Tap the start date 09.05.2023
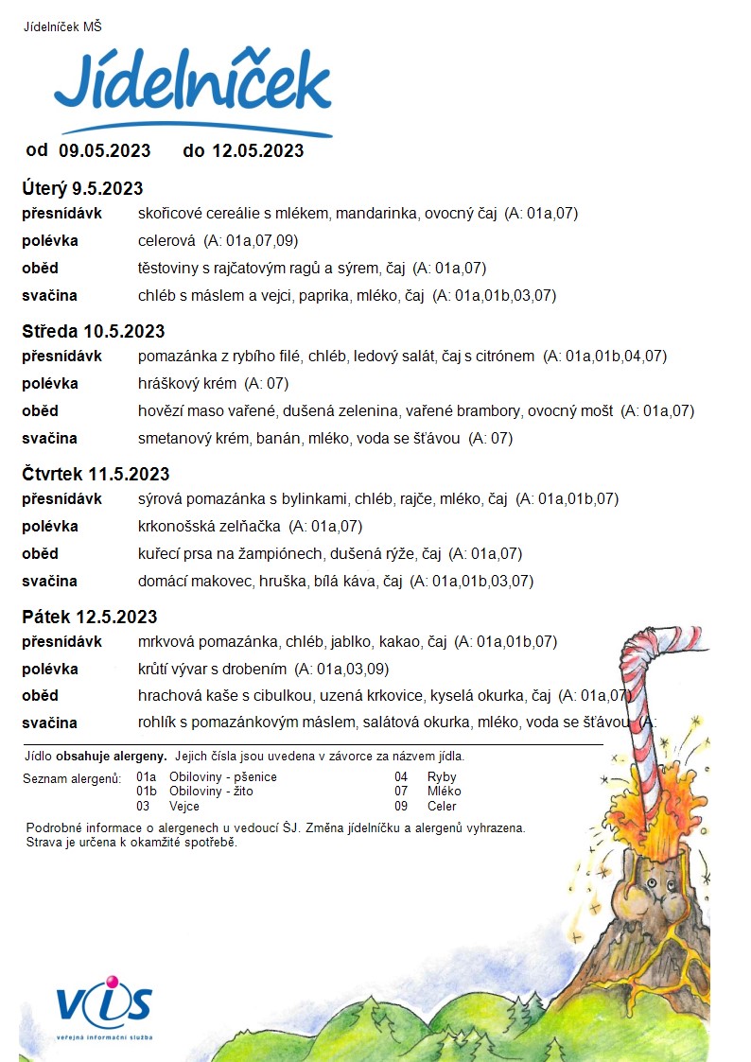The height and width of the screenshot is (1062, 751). (105, 150)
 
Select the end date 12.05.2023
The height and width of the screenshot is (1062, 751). (257, 150)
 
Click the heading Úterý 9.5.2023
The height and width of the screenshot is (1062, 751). (82, 189)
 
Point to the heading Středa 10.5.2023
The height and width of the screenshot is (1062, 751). (94, 331)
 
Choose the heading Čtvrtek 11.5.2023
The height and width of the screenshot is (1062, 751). (96, 474)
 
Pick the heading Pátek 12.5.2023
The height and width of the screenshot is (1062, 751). (90, 617)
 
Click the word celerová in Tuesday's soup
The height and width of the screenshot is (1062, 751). (166, 241)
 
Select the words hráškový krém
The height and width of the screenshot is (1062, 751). (186, 384)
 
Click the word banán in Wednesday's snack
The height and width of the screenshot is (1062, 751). (276, 438)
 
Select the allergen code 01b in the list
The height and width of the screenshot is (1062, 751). (147, 792)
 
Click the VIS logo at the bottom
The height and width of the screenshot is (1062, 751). (103, 1005)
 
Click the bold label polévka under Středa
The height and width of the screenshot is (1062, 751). (50, 384)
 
